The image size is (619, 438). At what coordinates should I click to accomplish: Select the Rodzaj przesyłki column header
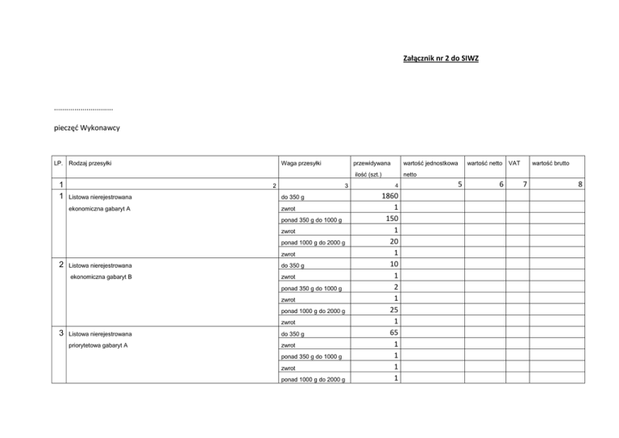click(91, 164)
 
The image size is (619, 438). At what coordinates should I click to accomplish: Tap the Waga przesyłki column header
click(301, 164)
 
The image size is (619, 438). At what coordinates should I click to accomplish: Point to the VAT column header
click(513, 164)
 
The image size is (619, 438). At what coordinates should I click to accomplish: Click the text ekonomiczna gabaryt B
click(101, 277)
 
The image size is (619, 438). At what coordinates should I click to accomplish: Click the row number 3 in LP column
click(61, 332)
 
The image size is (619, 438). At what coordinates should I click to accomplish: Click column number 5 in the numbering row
click(459, 185)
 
